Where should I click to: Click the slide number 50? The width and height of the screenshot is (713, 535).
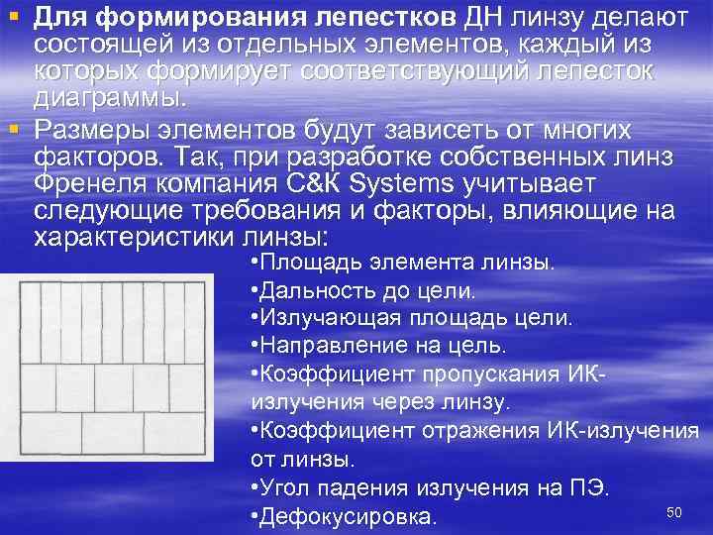pos(675,510)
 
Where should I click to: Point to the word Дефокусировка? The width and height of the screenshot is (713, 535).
pos(348,516)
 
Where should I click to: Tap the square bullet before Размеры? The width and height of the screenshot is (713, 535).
pos(11,129)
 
